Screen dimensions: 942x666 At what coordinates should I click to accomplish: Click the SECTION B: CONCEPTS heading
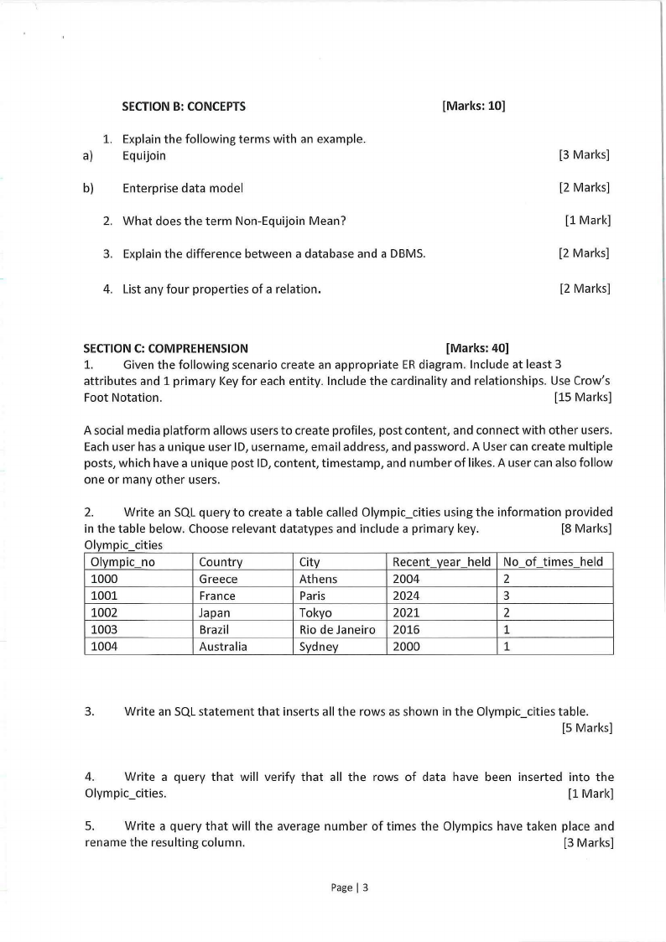(184, 107)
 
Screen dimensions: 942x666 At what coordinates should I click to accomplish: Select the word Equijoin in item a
(144, 155)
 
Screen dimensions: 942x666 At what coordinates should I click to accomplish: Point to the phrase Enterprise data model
(183, 188)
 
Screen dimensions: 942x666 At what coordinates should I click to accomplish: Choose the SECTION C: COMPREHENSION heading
(165, 348)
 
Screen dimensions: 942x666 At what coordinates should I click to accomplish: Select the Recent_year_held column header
(441, 562)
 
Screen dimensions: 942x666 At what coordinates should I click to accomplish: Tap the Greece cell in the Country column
(218, 579)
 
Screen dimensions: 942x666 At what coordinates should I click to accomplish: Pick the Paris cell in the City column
(313, 596)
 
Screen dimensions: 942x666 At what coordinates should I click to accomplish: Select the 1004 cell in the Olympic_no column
(104, 647)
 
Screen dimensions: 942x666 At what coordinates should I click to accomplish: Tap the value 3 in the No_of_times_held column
(507, 596)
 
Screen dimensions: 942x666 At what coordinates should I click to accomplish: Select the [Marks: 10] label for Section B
(473, 107)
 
